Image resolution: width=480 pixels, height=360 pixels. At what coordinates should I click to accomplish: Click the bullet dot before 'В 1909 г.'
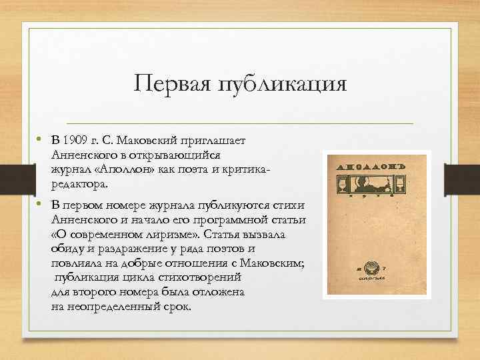click(x=41, y=140)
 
